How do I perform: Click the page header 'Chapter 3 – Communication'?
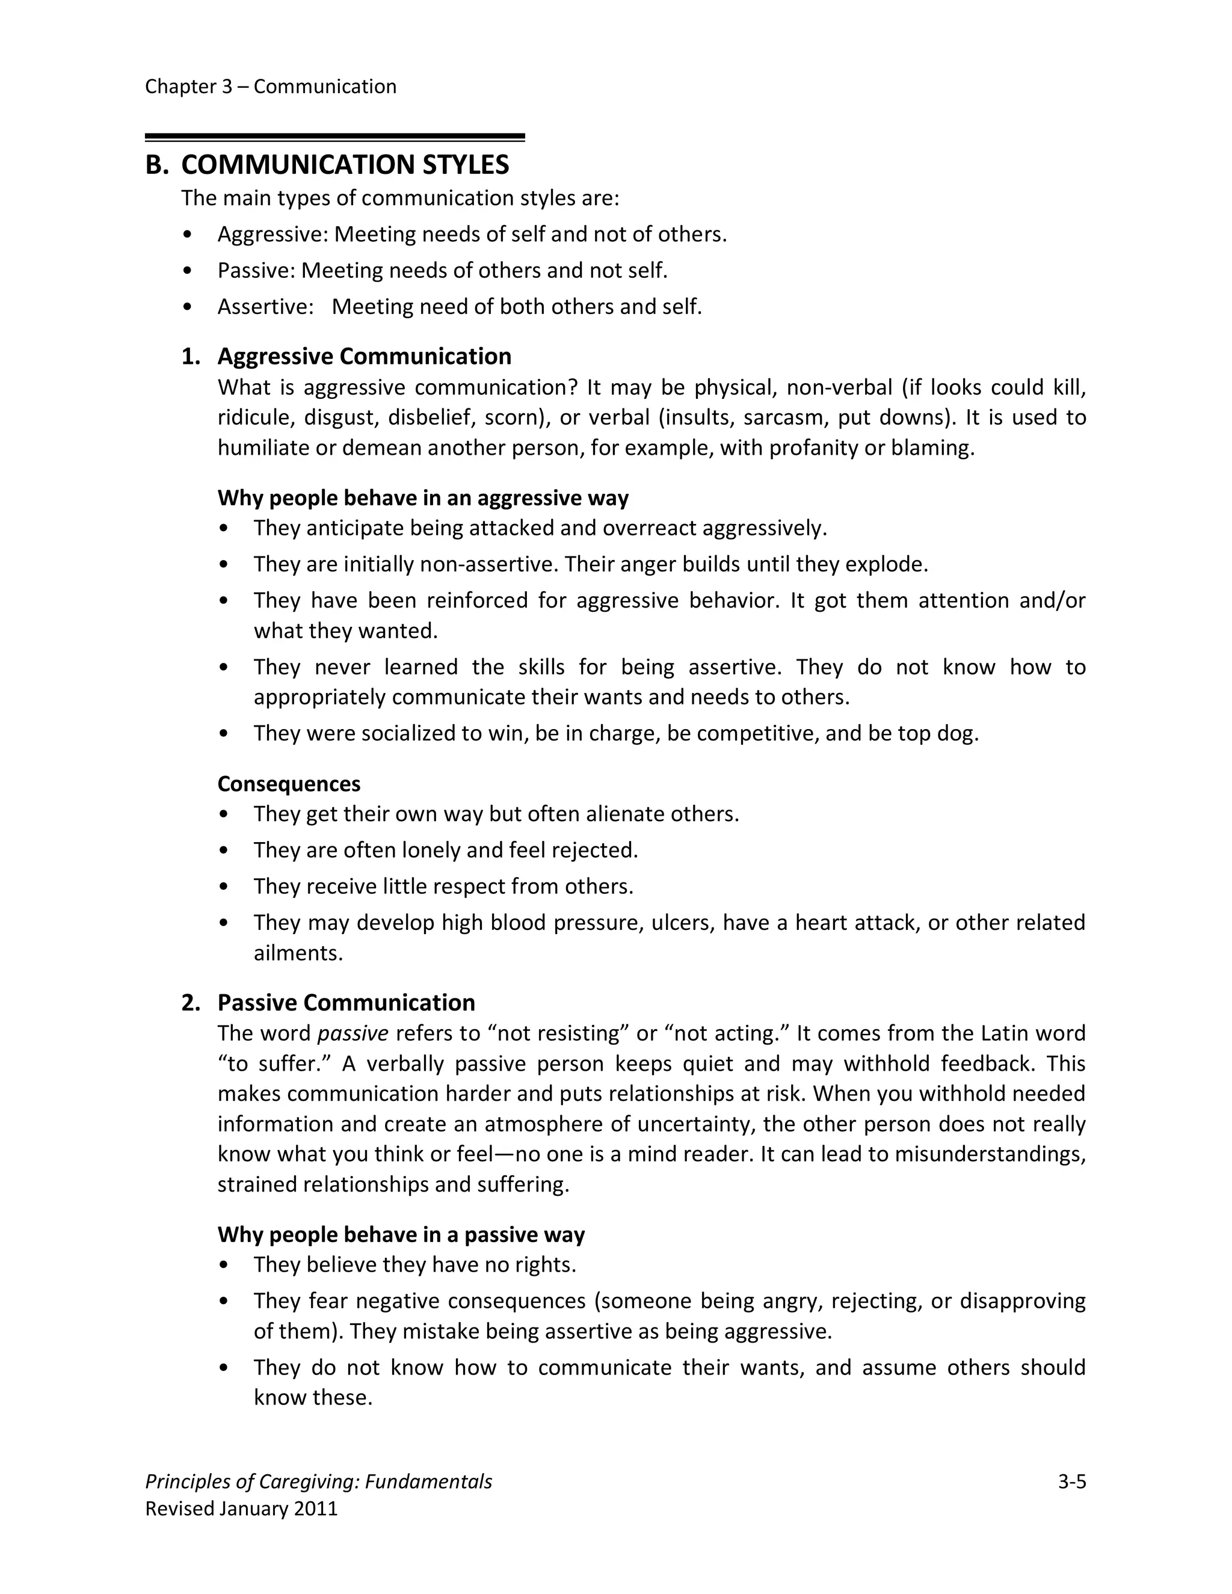[x=270, y=87]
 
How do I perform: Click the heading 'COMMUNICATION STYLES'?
[x=345, y=165]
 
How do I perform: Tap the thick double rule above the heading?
[x=334, y=137]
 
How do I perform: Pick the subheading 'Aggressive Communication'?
[x=364, y=356]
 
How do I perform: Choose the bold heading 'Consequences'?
[x=288, y=784]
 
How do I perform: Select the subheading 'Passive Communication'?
[x=346, y=1003]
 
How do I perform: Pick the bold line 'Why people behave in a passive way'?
[x=401, y=1234]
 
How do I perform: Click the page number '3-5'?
[x=1071, y=1482]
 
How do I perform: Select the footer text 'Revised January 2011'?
[x=242, y=1509]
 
